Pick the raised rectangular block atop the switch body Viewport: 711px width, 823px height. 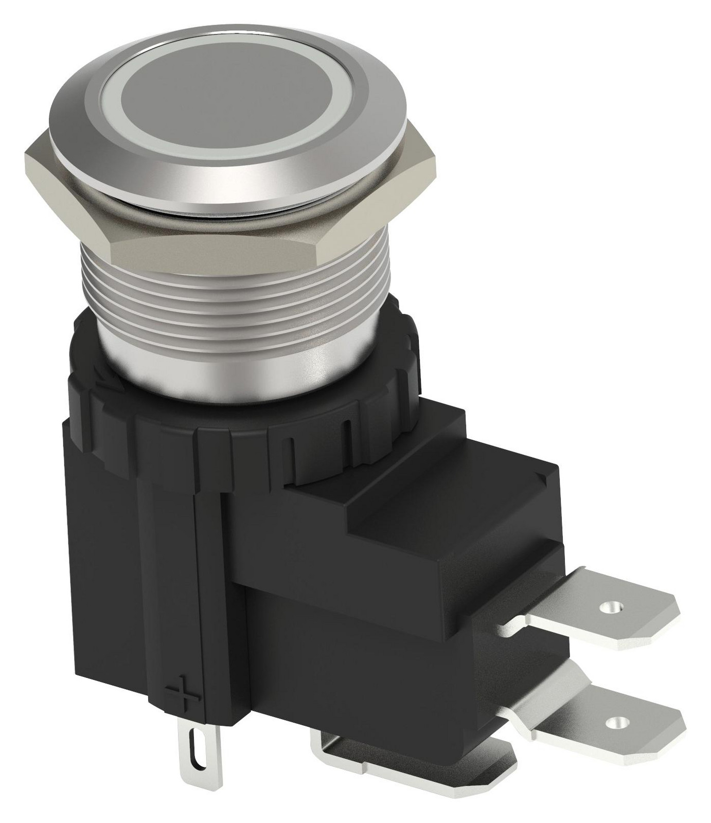(x=448, y=509)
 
